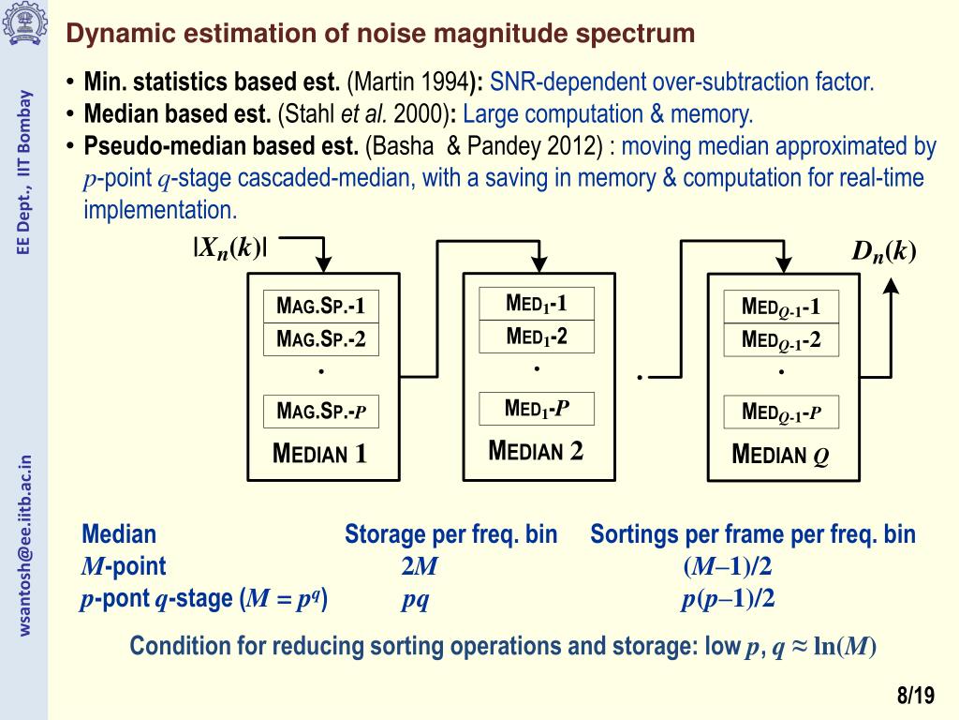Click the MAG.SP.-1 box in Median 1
tap(320, 307)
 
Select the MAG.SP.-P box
tap(320, 411)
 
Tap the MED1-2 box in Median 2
tap(537, 337)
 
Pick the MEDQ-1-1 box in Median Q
tap(781, 307)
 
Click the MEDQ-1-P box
tap(781, 412)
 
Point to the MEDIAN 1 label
tap(319, 456)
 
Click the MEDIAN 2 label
tap(536, 451)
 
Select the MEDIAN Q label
tap(780, 457)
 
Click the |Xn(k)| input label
tap(230, 248)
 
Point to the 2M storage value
tap(419, 566)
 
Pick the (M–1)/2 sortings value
tap(728, 566)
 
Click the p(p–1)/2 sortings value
tap(728, 599)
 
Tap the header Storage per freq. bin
tap(450, 535)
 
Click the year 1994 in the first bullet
tap(445, 82)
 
